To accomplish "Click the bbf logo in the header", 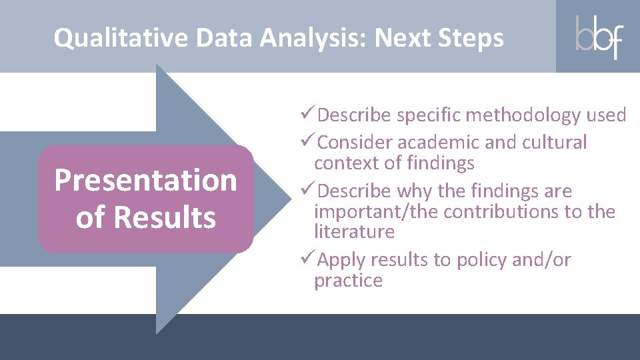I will tap(598, 37).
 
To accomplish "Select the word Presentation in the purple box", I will tap(145, 180).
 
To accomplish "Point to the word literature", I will tap(354, 232).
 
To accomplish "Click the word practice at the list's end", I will tap(348, 281).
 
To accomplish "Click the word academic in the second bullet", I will tap(440, 143).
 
